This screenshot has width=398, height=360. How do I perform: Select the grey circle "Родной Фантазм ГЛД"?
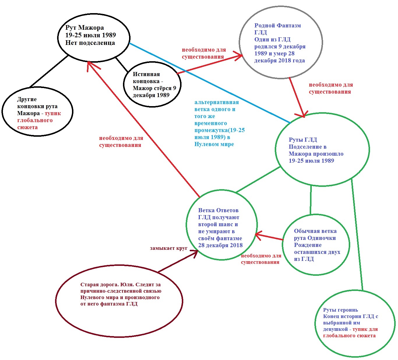tap(281, 43)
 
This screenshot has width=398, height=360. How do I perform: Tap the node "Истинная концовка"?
tap(152, 84)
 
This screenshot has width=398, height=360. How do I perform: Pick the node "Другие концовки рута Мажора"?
tap(37, 112)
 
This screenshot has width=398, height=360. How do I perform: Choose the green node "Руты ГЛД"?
tap(322, 150)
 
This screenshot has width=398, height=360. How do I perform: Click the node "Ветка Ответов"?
tap(222, 225)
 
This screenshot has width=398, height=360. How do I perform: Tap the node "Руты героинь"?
tap(355, 323)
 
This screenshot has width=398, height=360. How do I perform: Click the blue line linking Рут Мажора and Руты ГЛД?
tap(210, 83)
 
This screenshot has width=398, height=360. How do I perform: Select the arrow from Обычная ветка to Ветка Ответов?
tap(270, 237)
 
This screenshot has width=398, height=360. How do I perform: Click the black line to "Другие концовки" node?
tap(49, 71)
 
